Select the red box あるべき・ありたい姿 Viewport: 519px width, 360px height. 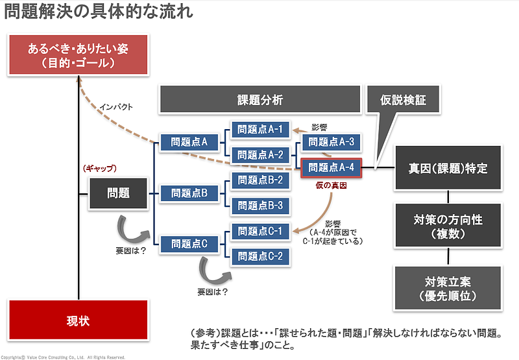(77, 55)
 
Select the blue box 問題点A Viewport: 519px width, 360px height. (189, 141)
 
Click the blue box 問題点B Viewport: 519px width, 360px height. (189, 193)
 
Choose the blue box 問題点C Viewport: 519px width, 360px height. (189, 244)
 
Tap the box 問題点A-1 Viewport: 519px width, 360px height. (259, 129)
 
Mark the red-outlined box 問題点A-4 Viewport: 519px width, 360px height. (331, 167)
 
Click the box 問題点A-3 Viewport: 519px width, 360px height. (331, 142)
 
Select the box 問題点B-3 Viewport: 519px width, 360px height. (259, 206)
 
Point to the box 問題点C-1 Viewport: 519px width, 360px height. (259, 231)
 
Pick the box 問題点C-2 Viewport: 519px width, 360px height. (259, 256)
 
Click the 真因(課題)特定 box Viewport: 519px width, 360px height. (448, 168)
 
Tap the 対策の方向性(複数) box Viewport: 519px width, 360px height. (448, 225)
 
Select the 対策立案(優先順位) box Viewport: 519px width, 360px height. (448, 289)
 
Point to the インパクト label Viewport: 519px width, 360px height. (115, 107)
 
